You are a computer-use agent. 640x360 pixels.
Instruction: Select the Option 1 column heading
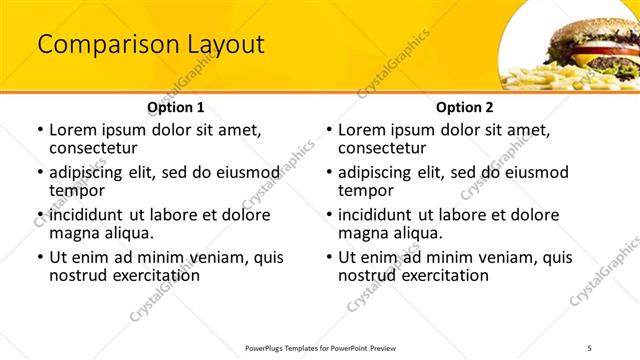[176, 107]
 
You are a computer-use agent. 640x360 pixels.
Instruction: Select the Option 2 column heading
[465, 107]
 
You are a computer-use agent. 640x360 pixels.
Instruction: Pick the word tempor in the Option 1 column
[78, 191]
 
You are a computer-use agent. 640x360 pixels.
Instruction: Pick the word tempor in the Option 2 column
[367, 191]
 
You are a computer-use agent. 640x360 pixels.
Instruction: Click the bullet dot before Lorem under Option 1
[40, 131]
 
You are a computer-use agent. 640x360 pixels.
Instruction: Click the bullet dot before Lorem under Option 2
[329, 131]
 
